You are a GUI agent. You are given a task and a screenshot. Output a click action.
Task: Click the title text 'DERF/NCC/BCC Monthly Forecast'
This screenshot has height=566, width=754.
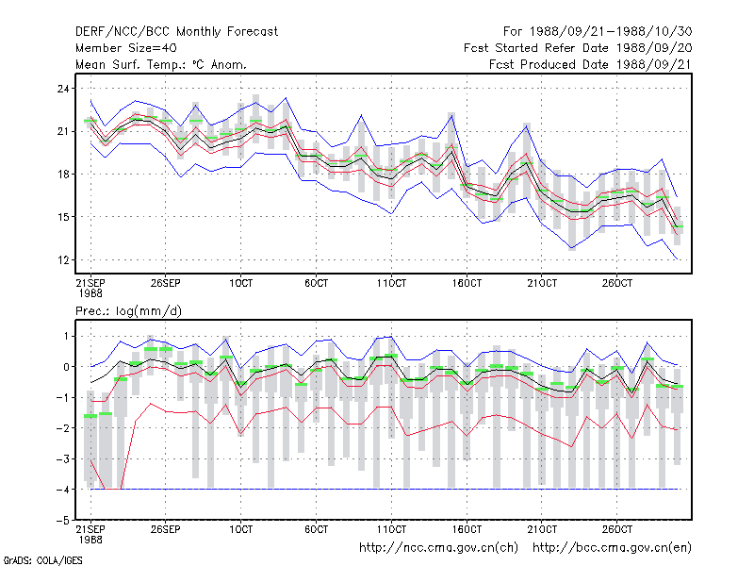[x=176, y=32]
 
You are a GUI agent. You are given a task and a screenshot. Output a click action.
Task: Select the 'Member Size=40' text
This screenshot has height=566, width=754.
[x=126, y=48]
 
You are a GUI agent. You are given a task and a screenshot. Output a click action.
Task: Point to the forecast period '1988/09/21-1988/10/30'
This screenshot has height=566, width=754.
[x=611, y=32]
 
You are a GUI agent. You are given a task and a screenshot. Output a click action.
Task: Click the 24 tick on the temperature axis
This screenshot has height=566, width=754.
[x=63, y=89]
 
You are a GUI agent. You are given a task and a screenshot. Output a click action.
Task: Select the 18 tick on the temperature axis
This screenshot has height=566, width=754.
[x=63, y=175]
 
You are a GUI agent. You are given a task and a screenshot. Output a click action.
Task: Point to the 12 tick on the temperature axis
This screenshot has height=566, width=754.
[x=63, y=260]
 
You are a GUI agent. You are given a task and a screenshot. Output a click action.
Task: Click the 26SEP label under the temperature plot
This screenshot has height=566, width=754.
[x=166, y=283]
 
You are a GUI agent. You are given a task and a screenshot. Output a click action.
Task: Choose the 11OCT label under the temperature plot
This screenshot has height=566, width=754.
[x=391, y=283]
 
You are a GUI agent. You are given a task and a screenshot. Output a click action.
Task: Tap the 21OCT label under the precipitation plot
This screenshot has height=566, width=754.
[x=542, y=529]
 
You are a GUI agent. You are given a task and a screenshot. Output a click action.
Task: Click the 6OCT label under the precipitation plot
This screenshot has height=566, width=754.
[x=316, y=529]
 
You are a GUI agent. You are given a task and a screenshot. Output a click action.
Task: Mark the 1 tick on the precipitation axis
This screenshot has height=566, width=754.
[x=66, y=336]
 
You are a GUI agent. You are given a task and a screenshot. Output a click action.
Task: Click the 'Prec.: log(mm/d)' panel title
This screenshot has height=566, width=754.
[x=128, y=311]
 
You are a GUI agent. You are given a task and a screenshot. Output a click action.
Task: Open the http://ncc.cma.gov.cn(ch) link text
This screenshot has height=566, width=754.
[x=438, y=548]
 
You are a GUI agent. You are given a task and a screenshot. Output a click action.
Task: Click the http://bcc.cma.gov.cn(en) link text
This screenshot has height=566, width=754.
[x=612, y=548]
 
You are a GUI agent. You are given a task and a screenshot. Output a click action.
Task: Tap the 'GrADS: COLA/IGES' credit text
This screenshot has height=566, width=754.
[x=42, y=560]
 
